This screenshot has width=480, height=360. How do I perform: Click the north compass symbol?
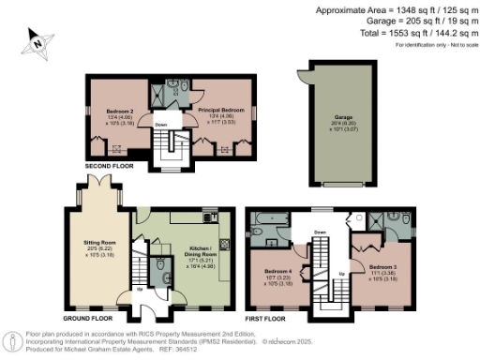pyautogui.click(x=35, y=40)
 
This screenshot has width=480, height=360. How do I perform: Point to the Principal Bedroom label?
pyautogui.click(x=220, y=110)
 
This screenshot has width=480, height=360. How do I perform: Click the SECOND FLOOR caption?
pyautogui.click(x=110, y=166)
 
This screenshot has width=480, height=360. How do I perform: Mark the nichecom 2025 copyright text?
pyautogui.click(x=292, y=342)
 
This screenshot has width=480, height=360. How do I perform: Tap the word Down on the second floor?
pyautogui.click(x=160, y=124)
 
